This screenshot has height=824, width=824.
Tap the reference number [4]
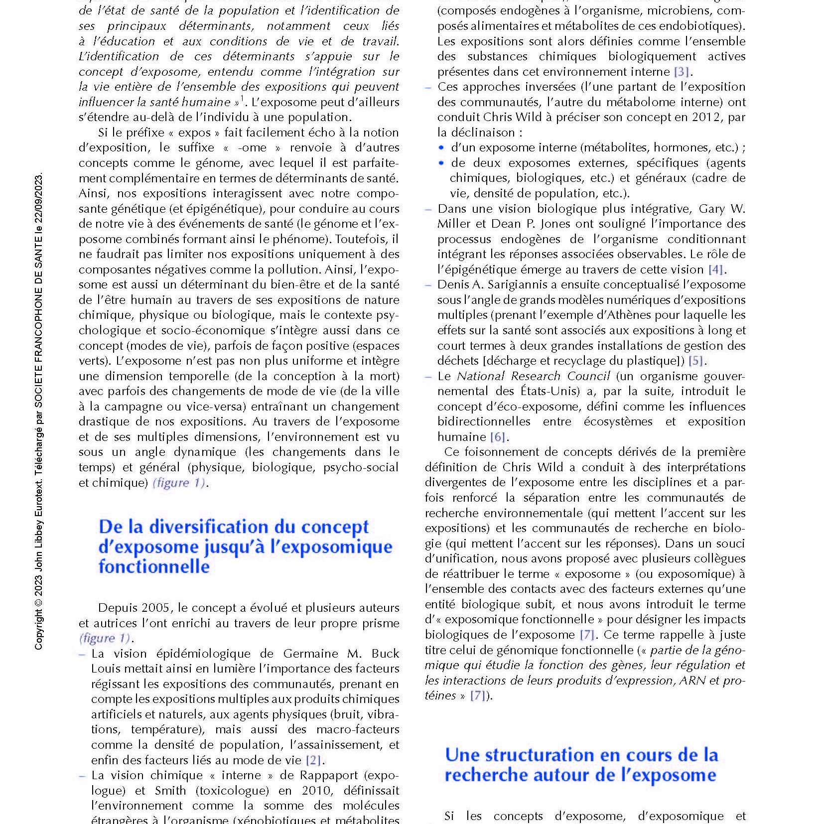715,270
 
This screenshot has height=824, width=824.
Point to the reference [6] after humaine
498,437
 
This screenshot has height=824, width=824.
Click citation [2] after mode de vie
313,760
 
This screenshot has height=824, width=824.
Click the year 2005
155,608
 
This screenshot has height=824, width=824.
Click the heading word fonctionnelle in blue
154,566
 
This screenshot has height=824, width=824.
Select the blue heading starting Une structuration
581,765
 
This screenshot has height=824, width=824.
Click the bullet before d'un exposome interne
441,148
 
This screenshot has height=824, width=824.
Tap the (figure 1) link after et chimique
179,483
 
